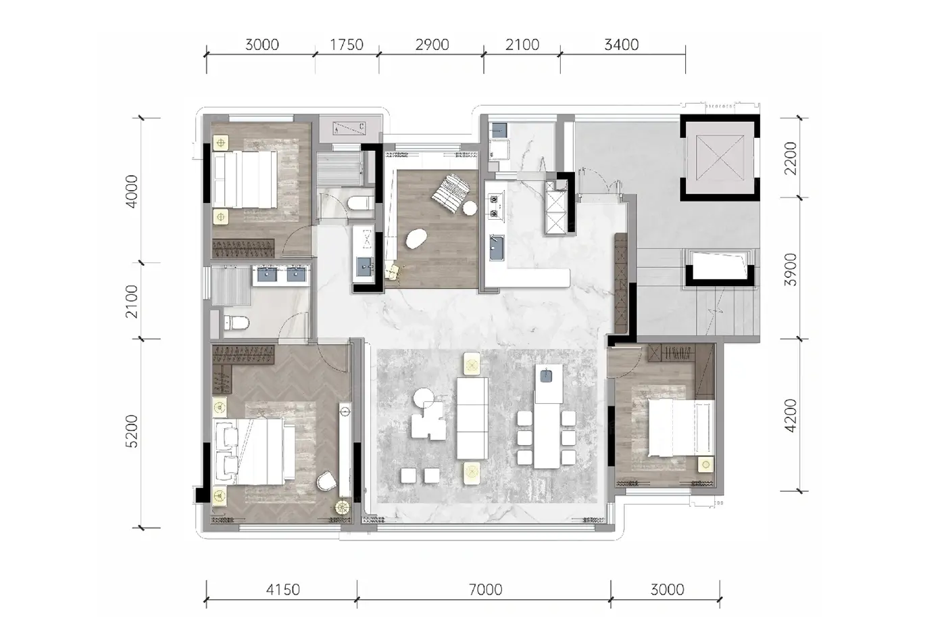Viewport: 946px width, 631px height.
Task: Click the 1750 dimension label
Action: pos(346,45)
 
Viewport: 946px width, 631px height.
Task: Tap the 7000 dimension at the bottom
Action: pos(486,590)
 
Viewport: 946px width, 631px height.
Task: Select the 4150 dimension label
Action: pos(282,590)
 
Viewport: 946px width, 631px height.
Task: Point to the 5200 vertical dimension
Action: pos(132,431)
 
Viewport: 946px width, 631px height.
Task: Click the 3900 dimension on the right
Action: pos(790,269)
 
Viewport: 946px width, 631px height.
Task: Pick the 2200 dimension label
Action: pos(790,158)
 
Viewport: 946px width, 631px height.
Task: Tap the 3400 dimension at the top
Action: pos(621,45)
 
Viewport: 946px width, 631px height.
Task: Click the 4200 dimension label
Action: pos(790,415)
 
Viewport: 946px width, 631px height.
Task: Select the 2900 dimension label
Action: pos(432,45)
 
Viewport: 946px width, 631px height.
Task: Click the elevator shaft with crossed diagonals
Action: pos(719,157)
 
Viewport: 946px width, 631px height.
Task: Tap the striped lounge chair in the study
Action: pos(451,193)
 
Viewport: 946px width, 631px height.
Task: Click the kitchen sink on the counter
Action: pos(497,248)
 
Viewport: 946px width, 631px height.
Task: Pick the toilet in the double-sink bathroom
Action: pos(236,323)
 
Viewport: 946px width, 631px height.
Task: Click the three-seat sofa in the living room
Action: pos(472,419)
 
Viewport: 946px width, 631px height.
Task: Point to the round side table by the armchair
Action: pos(424,398)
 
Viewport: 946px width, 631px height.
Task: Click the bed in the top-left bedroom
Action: pos(245,179)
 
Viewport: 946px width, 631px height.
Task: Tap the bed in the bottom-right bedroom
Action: pos(681,427)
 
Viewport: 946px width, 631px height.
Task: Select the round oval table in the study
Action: pos(417,239)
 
